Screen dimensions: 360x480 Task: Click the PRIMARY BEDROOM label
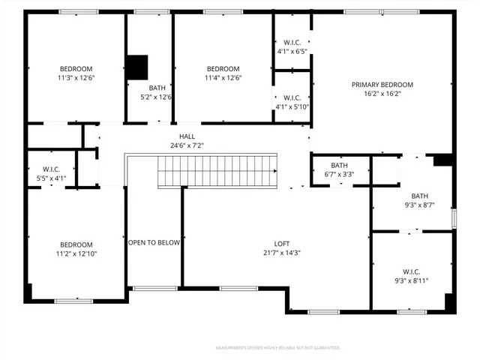pos(382,85)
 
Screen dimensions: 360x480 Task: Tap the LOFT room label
pos(281,244)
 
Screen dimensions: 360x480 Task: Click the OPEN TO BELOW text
pos(154,242)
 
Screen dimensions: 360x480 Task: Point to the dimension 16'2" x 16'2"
pos(382,94)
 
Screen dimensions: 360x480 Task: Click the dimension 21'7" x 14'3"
pos(281,253)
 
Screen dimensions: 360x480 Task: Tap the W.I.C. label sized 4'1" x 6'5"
pos(292,42)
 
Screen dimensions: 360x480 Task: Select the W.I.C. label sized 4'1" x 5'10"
pos(292,97)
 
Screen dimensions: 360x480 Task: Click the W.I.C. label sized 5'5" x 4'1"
pos(52,169)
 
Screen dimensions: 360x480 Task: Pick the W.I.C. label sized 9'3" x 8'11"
pos(411,271)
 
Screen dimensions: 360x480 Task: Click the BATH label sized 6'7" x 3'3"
pos(340,166)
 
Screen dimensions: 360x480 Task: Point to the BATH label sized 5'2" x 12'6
pos(157,88)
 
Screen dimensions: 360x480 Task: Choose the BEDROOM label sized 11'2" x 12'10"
pos(76,244)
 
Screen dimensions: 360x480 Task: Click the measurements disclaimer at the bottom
pos(277,348)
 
